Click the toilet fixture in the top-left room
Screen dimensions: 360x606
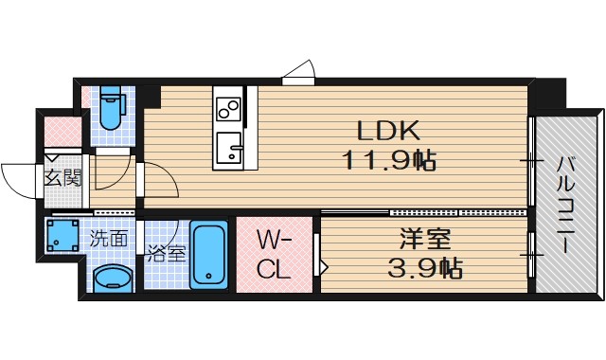110,110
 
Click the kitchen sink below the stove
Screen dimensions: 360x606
227,149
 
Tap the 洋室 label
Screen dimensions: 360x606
416,239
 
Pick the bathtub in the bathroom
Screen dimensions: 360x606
208,256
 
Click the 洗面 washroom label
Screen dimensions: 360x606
109,238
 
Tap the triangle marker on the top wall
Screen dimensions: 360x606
300,73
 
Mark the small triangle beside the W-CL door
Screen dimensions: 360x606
322,266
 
